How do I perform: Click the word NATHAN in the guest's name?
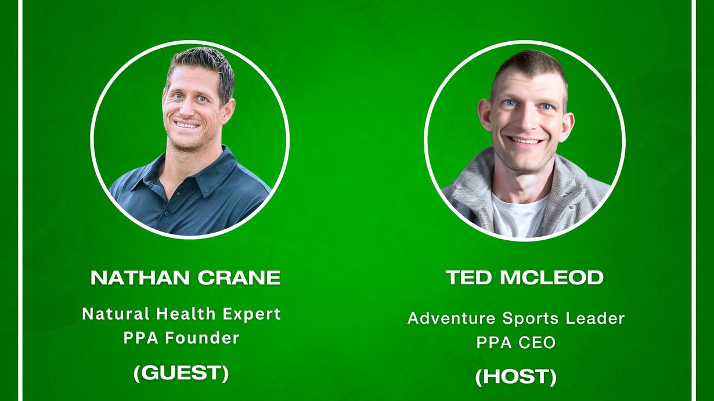140,277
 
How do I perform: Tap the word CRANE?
239,277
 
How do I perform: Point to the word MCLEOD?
552,277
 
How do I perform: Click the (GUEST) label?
181,373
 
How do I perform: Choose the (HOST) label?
515,377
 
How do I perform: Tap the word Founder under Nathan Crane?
202,338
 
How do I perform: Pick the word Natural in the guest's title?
116,314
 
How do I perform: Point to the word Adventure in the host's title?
452,319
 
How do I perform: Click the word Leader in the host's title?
595,319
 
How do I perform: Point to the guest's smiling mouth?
187,125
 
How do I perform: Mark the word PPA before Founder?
141,338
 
